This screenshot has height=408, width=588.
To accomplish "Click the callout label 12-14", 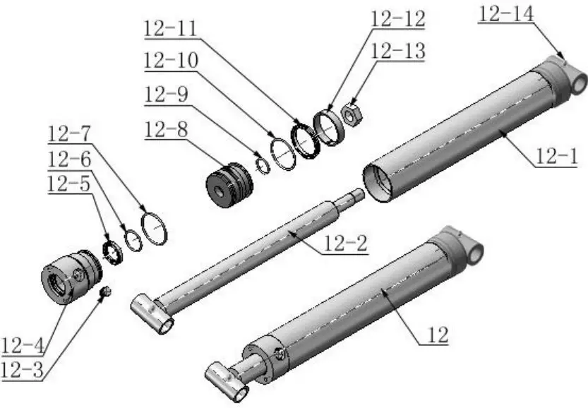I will (x=508, y=13).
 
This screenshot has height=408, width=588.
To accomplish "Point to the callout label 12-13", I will (x=397, y=51).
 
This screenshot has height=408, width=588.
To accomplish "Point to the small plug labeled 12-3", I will (x=105, y=292).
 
